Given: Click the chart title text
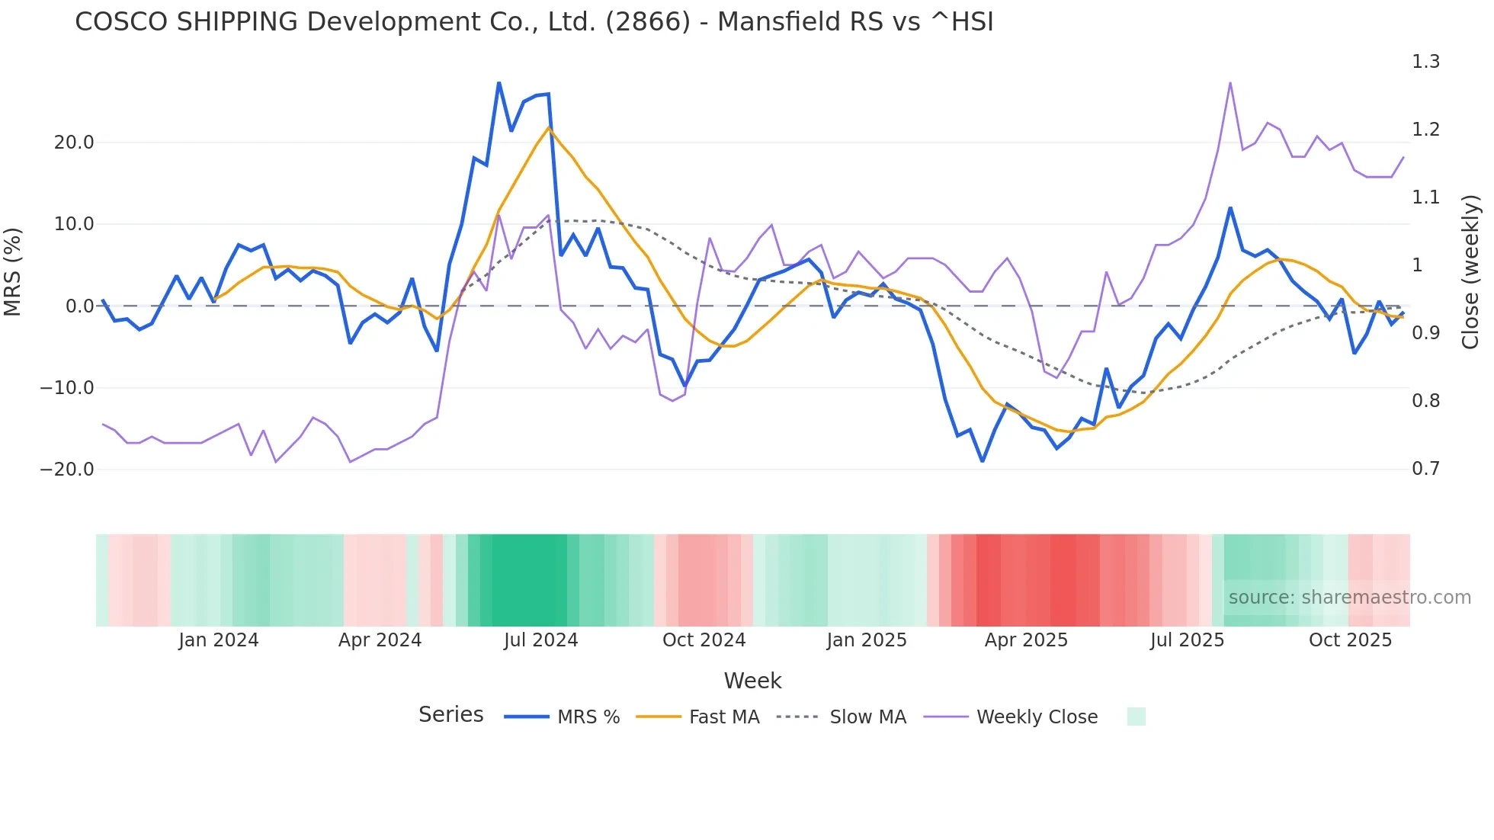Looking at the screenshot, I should coord(534,22).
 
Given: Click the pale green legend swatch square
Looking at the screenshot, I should coord(1136,717).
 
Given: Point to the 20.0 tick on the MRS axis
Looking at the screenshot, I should coord(74,143).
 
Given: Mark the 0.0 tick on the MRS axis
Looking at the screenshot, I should coord(79,306).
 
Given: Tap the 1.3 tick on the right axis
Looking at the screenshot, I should coord(1425,62).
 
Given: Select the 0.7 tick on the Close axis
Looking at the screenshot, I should coord(1425,469).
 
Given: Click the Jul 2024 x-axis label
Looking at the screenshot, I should coord(540,640).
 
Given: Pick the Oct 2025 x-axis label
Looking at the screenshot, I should coord(1350,640).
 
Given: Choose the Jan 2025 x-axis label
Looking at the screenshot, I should coord(867,640).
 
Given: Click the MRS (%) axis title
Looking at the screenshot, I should coord(13,271).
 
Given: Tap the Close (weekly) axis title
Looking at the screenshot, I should coord(1470,272).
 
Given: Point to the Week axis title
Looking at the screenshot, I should coord(752,681).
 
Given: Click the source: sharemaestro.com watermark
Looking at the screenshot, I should coord(1349,598).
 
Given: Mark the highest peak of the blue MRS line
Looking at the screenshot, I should coord(499,83).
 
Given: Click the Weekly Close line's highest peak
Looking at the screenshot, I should coord(1230,83).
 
